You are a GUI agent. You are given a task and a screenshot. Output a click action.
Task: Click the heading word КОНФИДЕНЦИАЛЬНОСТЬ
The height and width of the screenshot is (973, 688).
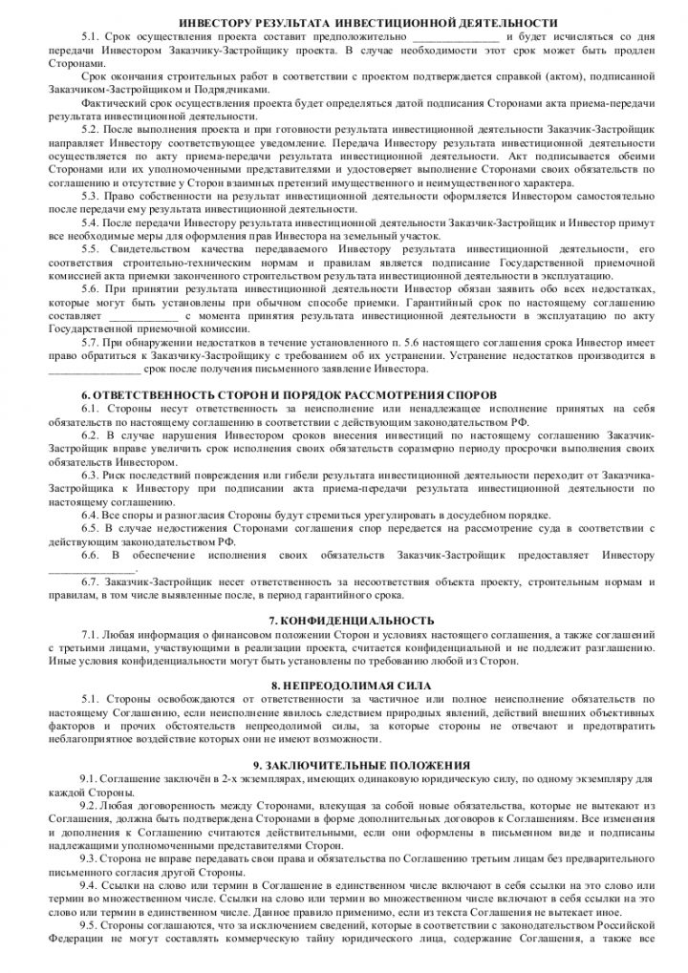point(353,620)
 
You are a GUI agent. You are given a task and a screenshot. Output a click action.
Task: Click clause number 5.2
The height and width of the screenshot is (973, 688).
point(92,127)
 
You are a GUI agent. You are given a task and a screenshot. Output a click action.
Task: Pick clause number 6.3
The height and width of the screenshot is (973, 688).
point(92,474)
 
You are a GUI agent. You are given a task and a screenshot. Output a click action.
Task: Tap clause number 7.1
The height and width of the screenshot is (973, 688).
point(92,634)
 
